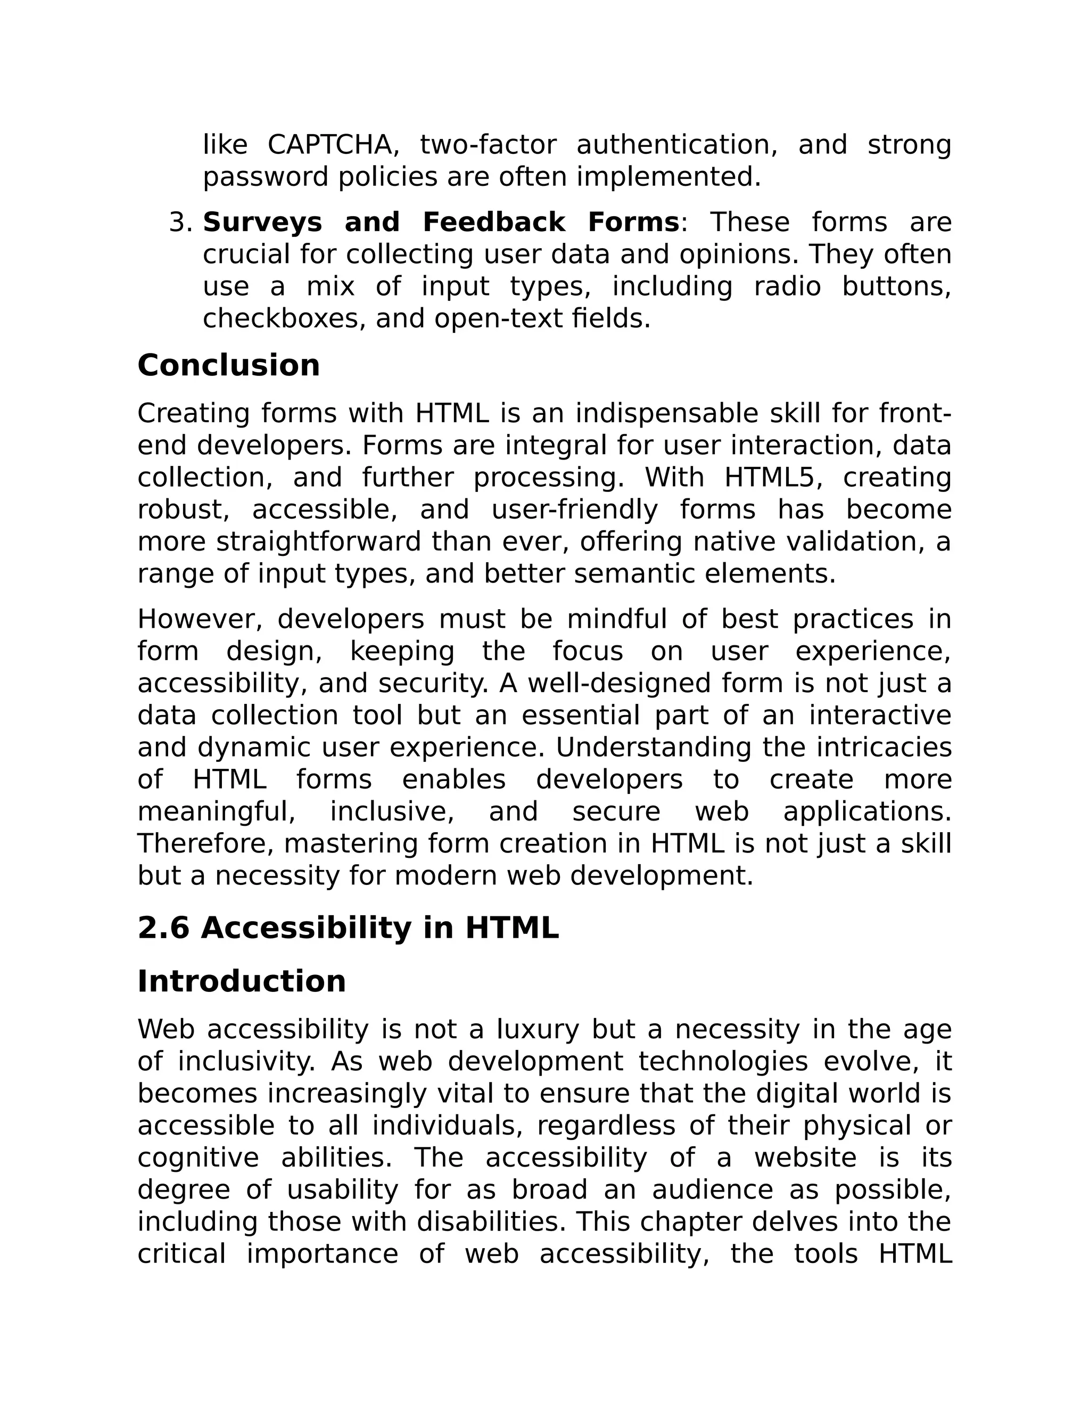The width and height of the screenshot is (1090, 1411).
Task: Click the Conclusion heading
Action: (228, 366)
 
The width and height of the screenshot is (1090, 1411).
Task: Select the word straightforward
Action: (318, 542)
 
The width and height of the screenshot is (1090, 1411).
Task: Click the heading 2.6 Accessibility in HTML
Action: (348, 929)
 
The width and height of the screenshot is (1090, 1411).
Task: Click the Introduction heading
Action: (242, 981)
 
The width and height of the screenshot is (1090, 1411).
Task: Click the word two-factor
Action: (488, 145)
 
